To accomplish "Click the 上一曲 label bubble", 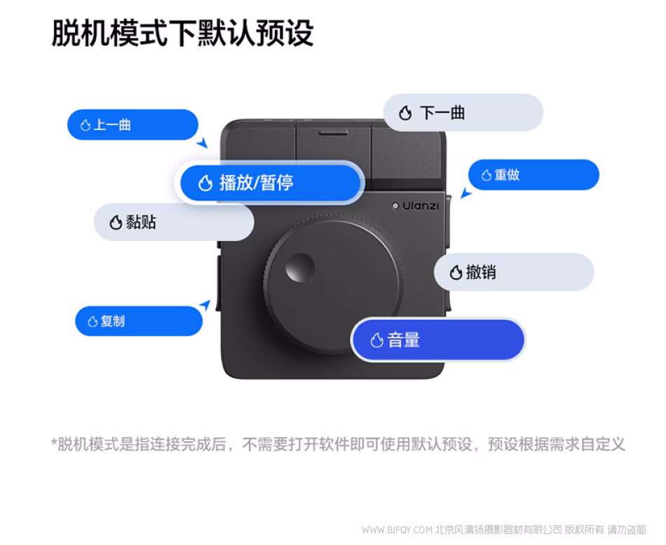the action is click(132, 125).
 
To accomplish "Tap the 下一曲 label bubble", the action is click(463, 113).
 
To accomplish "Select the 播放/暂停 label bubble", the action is click(270, 183).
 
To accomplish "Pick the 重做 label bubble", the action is click(534, 175).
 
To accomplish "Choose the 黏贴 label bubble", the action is click(174, 222).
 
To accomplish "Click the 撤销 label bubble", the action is click(513, 272).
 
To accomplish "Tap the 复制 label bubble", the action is click(139, 322).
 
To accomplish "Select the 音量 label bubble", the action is click(438, 340).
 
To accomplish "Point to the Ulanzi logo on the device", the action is click(415, 206).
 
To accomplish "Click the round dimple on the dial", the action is click(300, 268).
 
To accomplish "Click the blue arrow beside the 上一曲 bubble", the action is click(202, 143).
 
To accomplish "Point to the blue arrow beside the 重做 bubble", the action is click(466, 193).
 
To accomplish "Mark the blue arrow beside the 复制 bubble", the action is click(205, 305).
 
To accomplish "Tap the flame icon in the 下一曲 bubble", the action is click(405, 113).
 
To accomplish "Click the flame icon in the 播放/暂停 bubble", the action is click(205, 184).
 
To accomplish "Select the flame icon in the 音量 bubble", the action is click(376, 340).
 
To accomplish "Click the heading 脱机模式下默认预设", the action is click(183, 33).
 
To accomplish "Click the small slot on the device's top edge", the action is click(334, 133).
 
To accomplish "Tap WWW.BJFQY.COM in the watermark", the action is click(397, 530).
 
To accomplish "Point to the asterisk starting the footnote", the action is click(54, 442).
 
